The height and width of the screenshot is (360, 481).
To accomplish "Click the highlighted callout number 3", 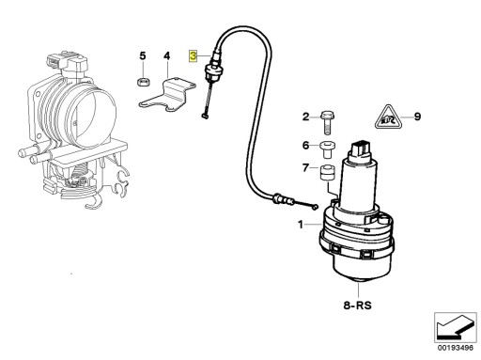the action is coord(193,56).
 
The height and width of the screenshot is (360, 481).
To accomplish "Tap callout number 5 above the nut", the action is coord(143,56).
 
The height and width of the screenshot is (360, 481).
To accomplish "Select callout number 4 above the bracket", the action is coord(167,56).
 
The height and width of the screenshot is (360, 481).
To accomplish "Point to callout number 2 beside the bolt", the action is coord(305,117).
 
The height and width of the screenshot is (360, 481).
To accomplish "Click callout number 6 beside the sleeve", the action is coord(305,146).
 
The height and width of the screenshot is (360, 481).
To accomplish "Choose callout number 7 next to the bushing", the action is coord(305,168).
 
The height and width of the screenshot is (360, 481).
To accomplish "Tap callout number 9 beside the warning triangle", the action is coord(417,117).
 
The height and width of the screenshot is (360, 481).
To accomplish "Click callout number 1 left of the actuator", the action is coord(301,225).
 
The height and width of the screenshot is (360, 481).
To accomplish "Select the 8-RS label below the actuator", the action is coord(357,305).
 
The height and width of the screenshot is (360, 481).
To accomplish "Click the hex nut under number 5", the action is coord(143,82).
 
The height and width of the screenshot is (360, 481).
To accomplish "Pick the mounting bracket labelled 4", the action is coord(167,95).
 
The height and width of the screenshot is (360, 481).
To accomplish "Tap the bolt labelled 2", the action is coord(328,122).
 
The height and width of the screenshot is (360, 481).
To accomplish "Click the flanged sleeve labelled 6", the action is coord(327,149).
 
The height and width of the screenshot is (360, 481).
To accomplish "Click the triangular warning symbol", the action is coord(388,117).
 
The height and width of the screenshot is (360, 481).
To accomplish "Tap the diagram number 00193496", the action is coord(456,348).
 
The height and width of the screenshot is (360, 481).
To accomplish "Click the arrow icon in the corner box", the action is coord(455,327).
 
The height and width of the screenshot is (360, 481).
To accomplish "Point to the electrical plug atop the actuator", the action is coord(361,149).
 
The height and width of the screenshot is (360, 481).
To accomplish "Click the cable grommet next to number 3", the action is coord(212,71).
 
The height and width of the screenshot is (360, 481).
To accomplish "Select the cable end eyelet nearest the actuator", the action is coord(315,207).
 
